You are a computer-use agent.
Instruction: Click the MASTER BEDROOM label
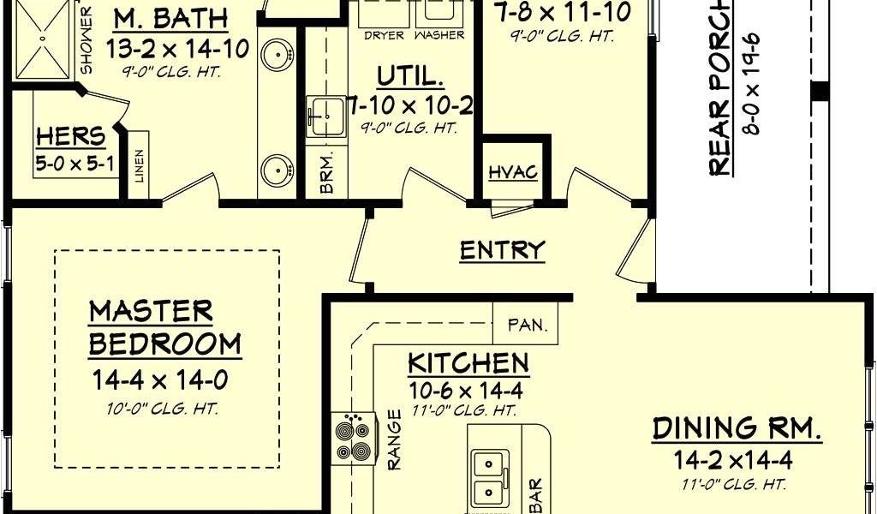pos(164,327)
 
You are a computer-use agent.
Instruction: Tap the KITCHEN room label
pos(468,363)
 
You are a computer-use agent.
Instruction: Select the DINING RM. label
pos(737,428)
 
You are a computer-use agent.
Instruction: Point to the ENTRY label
pos(502,250)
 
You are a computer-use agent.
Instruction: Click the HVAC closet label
pos(513,172)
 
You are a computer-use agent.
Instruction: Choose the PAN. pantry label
pos(525,326)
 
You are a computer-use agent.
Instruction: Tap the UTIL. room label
pos(411,77)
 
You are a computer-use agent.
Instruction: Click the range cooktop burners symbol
pos(354,439)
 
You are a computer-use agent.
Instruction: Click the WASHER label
pos(439,36)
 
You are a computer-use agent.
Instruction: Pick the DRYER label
pos(384,36)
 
